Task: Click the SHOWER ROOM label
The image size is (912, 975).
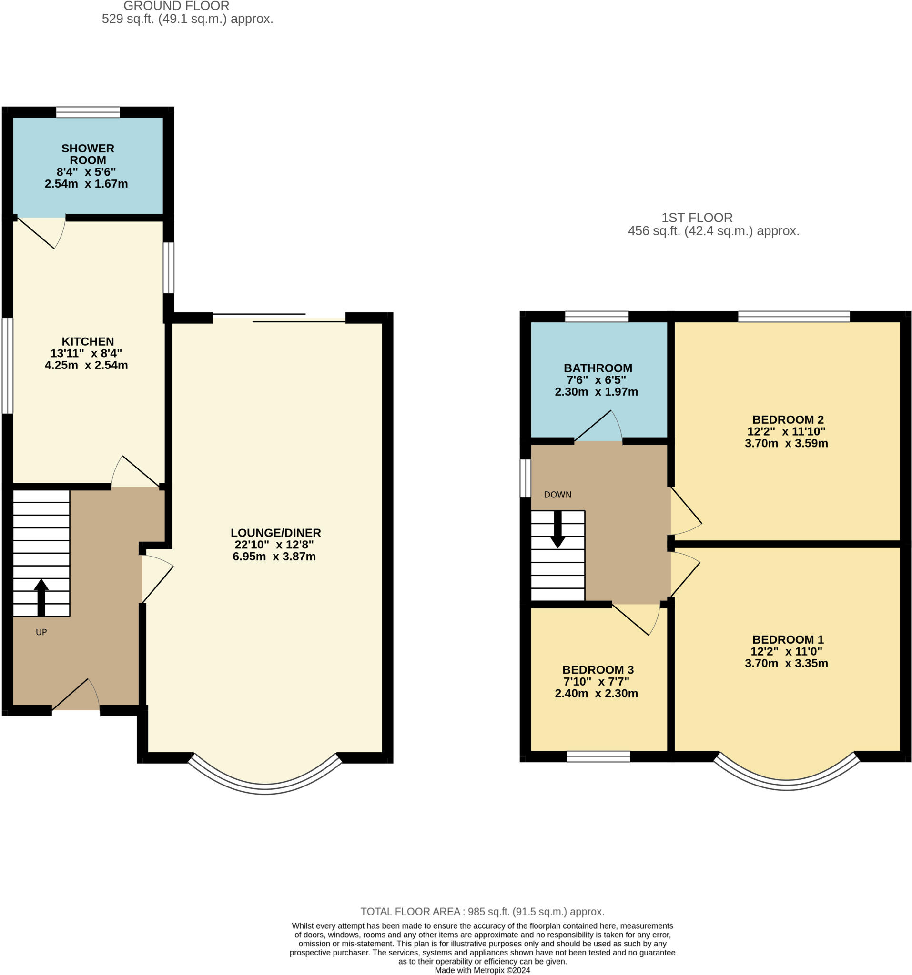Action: (87, 154)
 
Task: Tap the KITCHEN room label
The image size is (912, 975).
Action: (87, 341)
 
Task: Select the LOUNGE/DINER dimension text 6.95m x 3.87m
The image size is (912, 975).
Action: (274, 557)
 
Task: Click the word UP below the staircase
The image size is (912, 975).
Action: (41, 632)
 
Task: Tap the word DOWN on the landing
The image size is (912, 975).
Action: (557, 495)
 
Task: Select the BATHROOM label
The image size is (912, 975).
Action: (598, 368)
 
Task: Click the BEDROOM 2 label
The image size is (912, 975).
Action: (787, 419)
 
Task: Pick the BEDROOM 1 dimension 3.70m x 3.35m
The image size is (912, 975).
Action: (786, 664)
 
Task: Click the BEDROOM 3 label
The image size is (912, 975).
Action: (598, 669)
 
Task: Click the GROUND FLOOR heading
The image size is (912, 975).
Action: (176, 6)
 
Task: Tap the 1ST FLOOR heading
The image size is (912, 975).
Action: (697, 218)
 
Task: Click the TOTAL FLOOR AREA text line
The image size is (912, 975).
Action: (482, 912)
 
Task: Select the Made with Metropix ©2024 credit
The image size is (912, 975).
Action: (482, 970)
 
